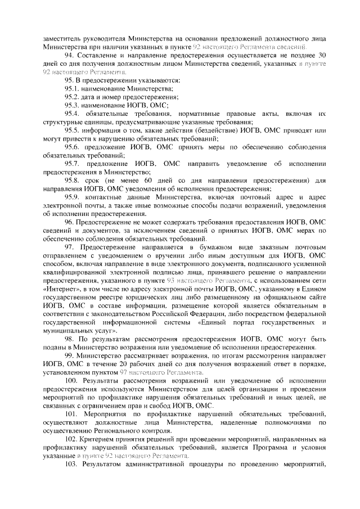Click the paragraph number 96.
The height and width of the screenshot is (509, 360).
[x=69, y=222]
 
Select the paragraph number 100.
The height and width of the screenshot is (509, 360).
[x=71, y=381]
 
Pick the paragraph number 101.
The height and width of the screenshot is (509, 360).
[x=71, y=414]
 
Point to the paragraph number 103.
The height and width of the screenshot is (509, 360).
[x=71, y=465]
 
